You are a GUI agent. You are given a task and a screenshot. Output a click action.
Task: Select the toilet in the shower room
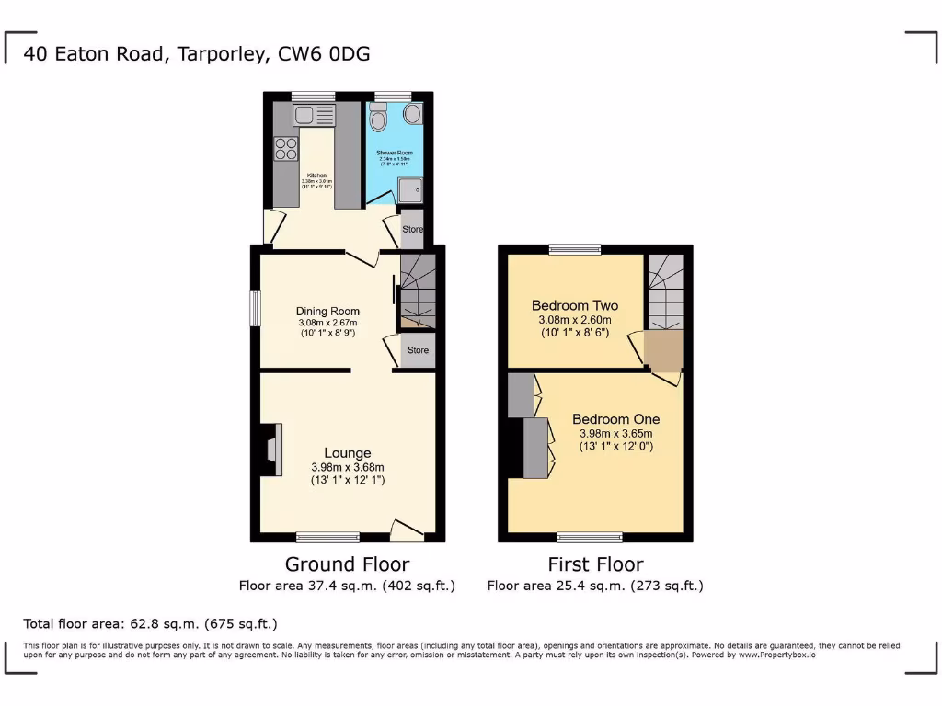click(377, 119)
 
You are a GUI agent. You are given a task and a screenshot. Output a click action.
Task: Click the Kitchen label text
click(316, 175)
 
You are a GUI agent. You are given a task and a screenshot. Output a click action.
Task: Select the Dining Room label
click(327, 311)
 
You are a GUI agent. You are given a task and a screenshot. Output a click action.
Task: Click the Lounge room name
click(347, 452)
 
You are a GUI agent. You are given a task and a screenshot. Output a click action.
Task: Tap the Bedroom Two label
click(575, 305)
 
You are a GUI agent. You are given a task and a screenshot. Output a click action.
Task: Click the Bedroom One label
click(615, 419)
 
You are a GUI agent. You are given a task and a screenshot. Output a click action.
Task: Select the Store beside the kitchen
click(412, 229)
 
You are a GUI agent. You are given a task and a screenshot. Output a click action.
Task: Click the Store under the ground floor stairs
click(418, 350)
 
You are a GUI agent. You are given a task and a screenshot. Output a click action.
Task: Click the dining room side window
click(255, 308)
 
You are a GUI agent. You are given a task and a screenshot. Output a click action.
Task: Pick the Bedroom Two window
click(575, 249)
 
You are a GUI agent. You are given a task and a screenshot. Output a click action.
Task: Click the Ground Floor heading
click(347, 564)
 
